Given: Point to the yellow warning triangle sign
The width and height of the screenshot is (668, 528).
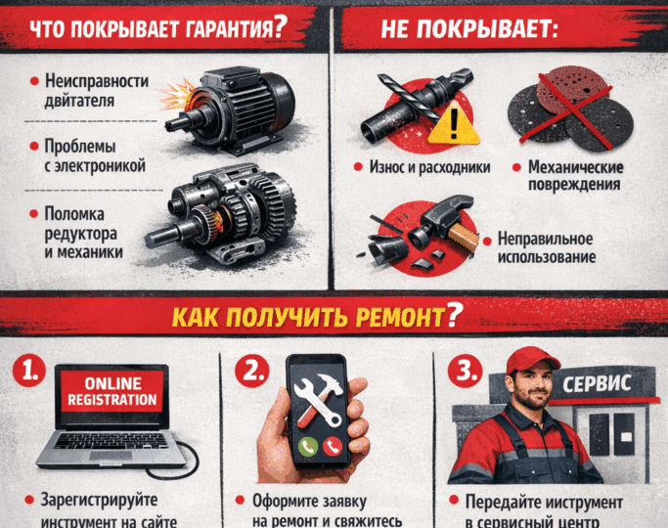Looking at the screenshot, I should (x=449, y=124).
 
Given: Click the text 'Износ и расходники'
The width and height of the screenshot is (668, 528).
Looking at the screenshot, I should (x=416, y=167).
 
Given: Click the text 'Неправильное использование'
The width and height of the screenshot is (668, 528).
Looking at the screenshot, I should (x=546, y=246).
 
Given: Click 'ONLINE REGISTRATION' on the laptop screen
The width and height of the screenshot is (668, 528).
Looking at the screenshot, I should (x=111, y=391).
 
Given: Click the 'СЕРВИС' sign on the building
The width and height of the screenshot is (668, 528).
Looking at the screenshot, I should (x=597, y=382).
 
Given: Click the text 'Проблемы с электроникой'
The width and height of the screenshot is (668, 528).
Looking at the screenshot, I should (x=93, y=156).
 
